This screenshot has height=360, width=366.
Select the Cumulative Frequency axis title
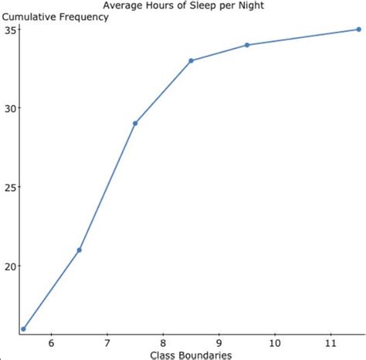coord(55,17)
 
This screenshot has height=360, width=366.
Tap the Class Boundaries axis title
coord(191,354)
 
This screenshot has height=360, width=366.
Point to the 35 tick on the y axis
coord(9,29)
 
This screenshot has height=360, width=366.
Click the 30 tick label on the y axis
coord(9,108)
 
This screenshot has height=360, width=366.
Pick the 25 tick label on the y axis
coord(9,187)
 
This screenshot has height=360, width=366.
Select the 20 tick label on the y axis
coord(9,267)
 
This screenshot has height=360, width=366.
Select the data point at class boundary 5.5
coord(23,329)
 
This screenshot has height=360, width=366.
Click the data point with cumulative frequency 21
coord(80,250)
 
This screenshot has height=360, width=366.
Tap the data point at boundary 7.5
coord(135,124)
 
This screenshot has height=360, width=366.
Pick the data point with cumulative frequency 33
coord(191,60)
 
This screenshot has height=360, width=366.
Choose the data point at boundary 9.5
coord(247,45)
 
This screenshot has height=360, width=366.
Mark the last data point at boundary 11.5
coord(358,29)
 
